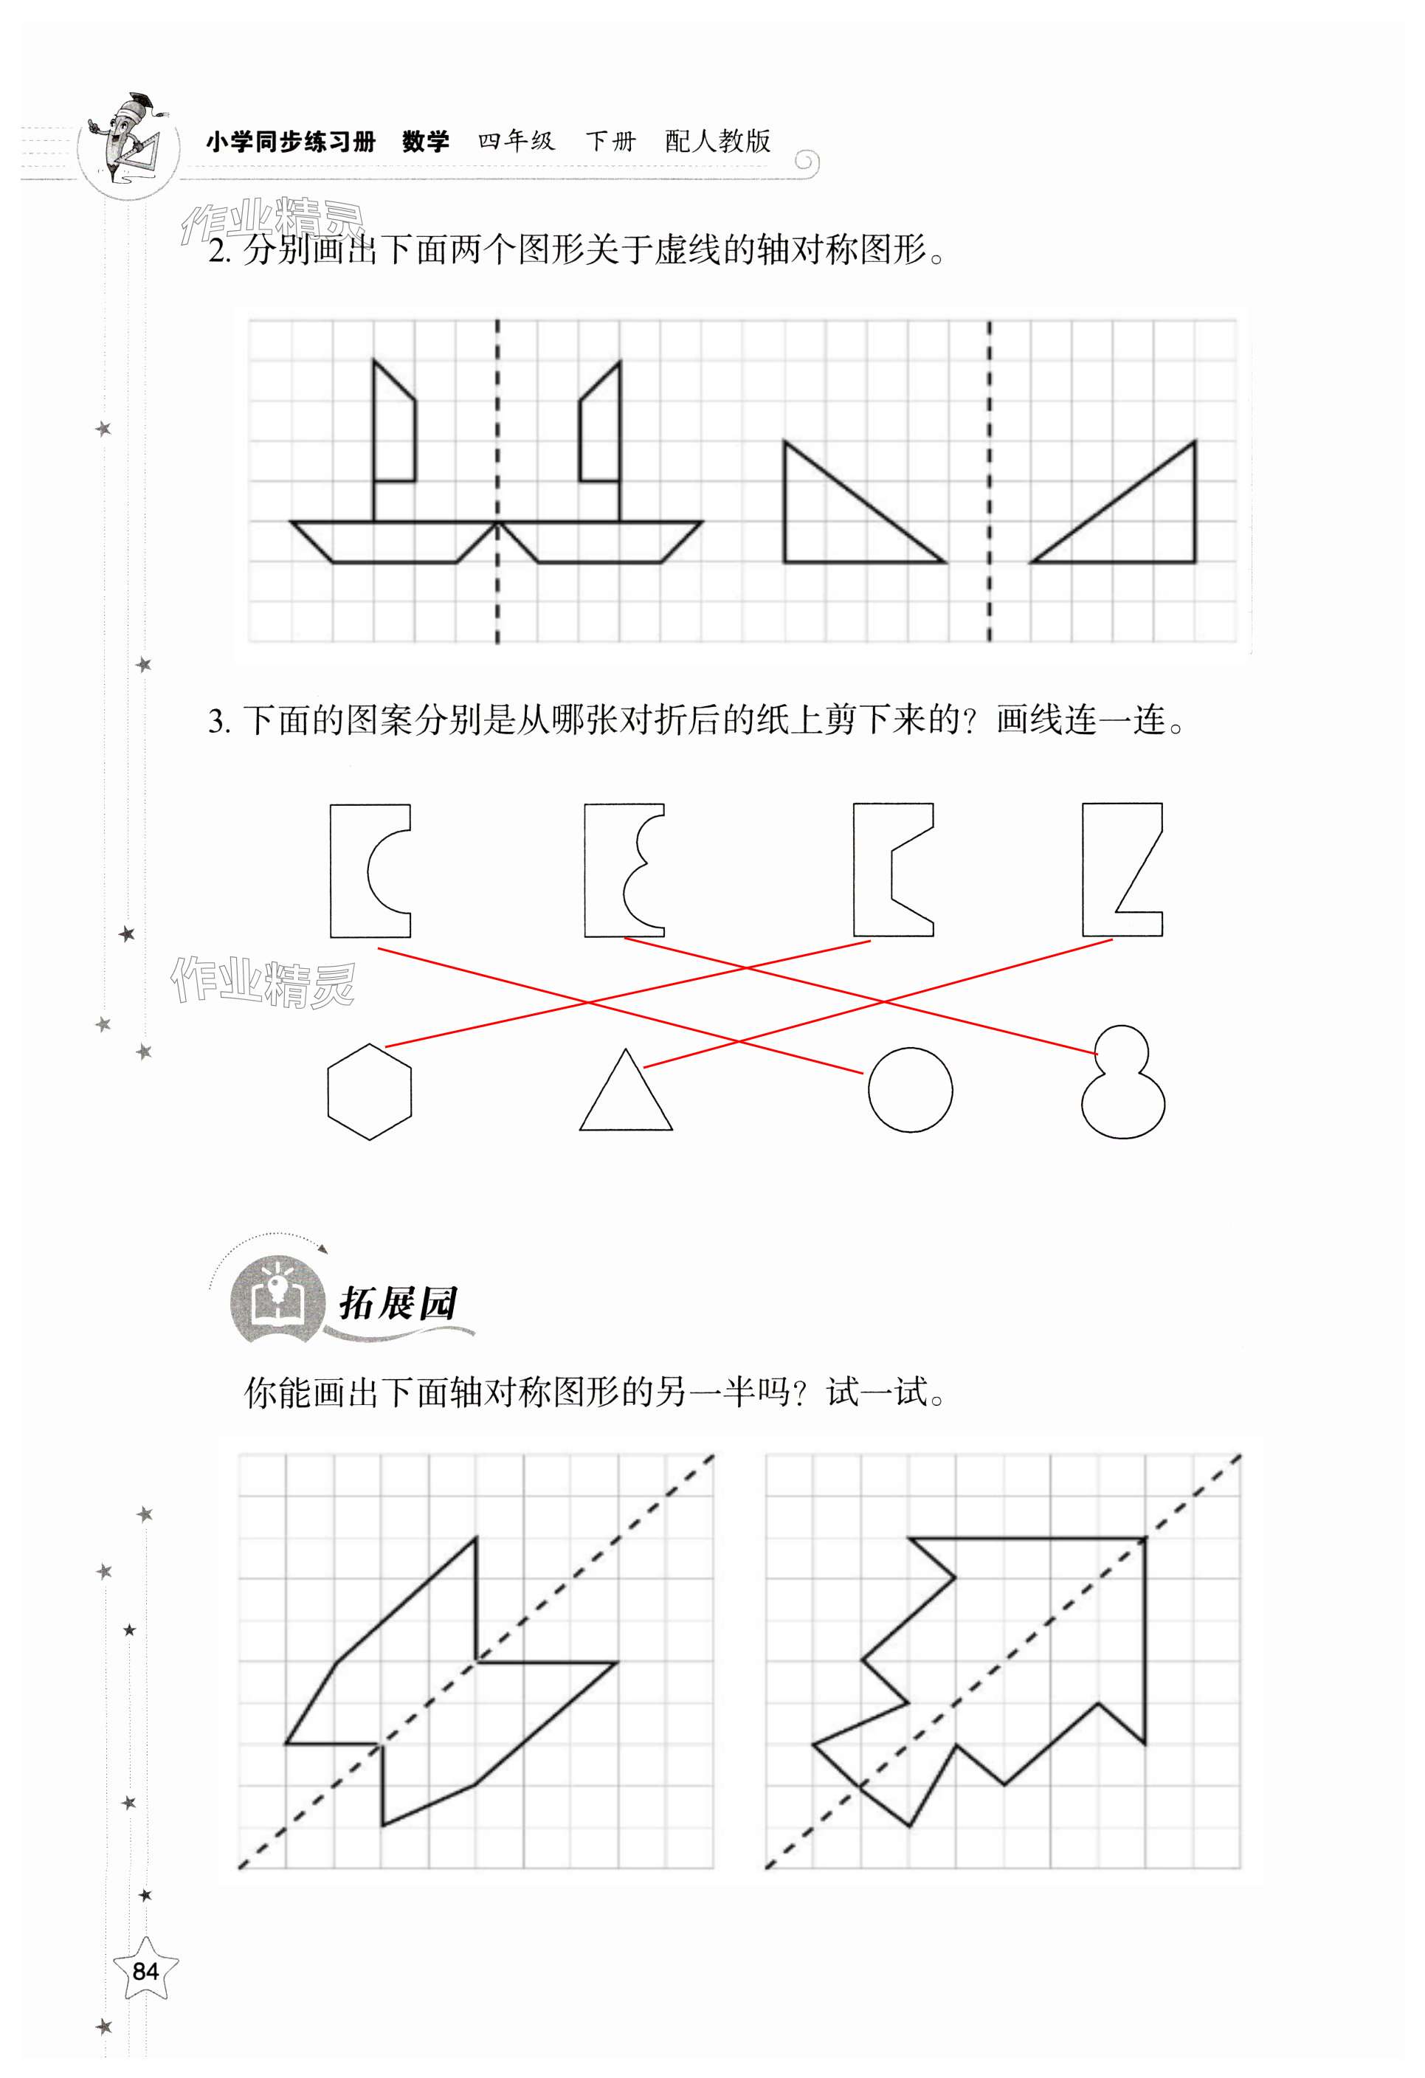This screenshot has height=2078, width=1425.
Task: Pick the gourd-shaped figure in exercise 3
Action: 1123,1084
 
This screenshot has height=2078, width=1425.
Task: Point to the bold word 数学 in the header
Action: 426,141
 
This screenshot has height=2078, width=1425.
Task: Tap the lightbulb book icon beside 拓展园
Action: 277,1299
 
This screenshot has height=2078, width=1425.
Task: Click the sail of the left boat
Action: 393,429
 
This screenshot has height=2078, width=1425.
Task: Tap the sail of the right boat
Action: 601,429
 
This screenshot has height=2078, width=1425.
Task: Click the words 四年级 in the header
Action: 516,141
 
